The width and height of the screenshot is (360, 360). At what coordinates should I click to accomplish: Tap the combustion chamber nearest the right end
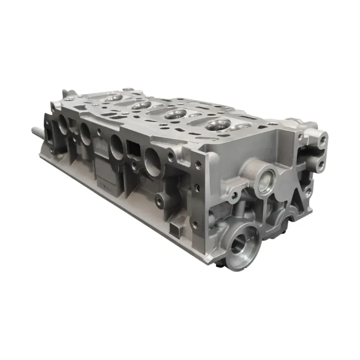217,124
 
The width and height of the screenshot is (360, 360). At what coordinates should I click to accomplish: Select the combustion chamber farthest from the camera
113,98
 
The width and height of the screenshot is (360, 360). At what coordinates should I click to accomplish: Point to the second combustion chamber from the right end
176,114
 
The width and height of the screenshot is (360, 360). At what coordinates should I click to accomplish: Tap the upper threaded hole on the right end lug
322,139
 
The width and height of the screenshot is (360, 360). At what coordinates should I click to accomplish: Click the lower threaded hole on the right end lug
321,164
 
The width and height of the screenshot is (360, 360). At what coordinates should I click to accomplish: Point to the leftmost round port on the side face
63,123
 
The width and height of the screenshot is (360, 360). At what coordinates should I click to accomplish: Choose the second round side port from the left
86,133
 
